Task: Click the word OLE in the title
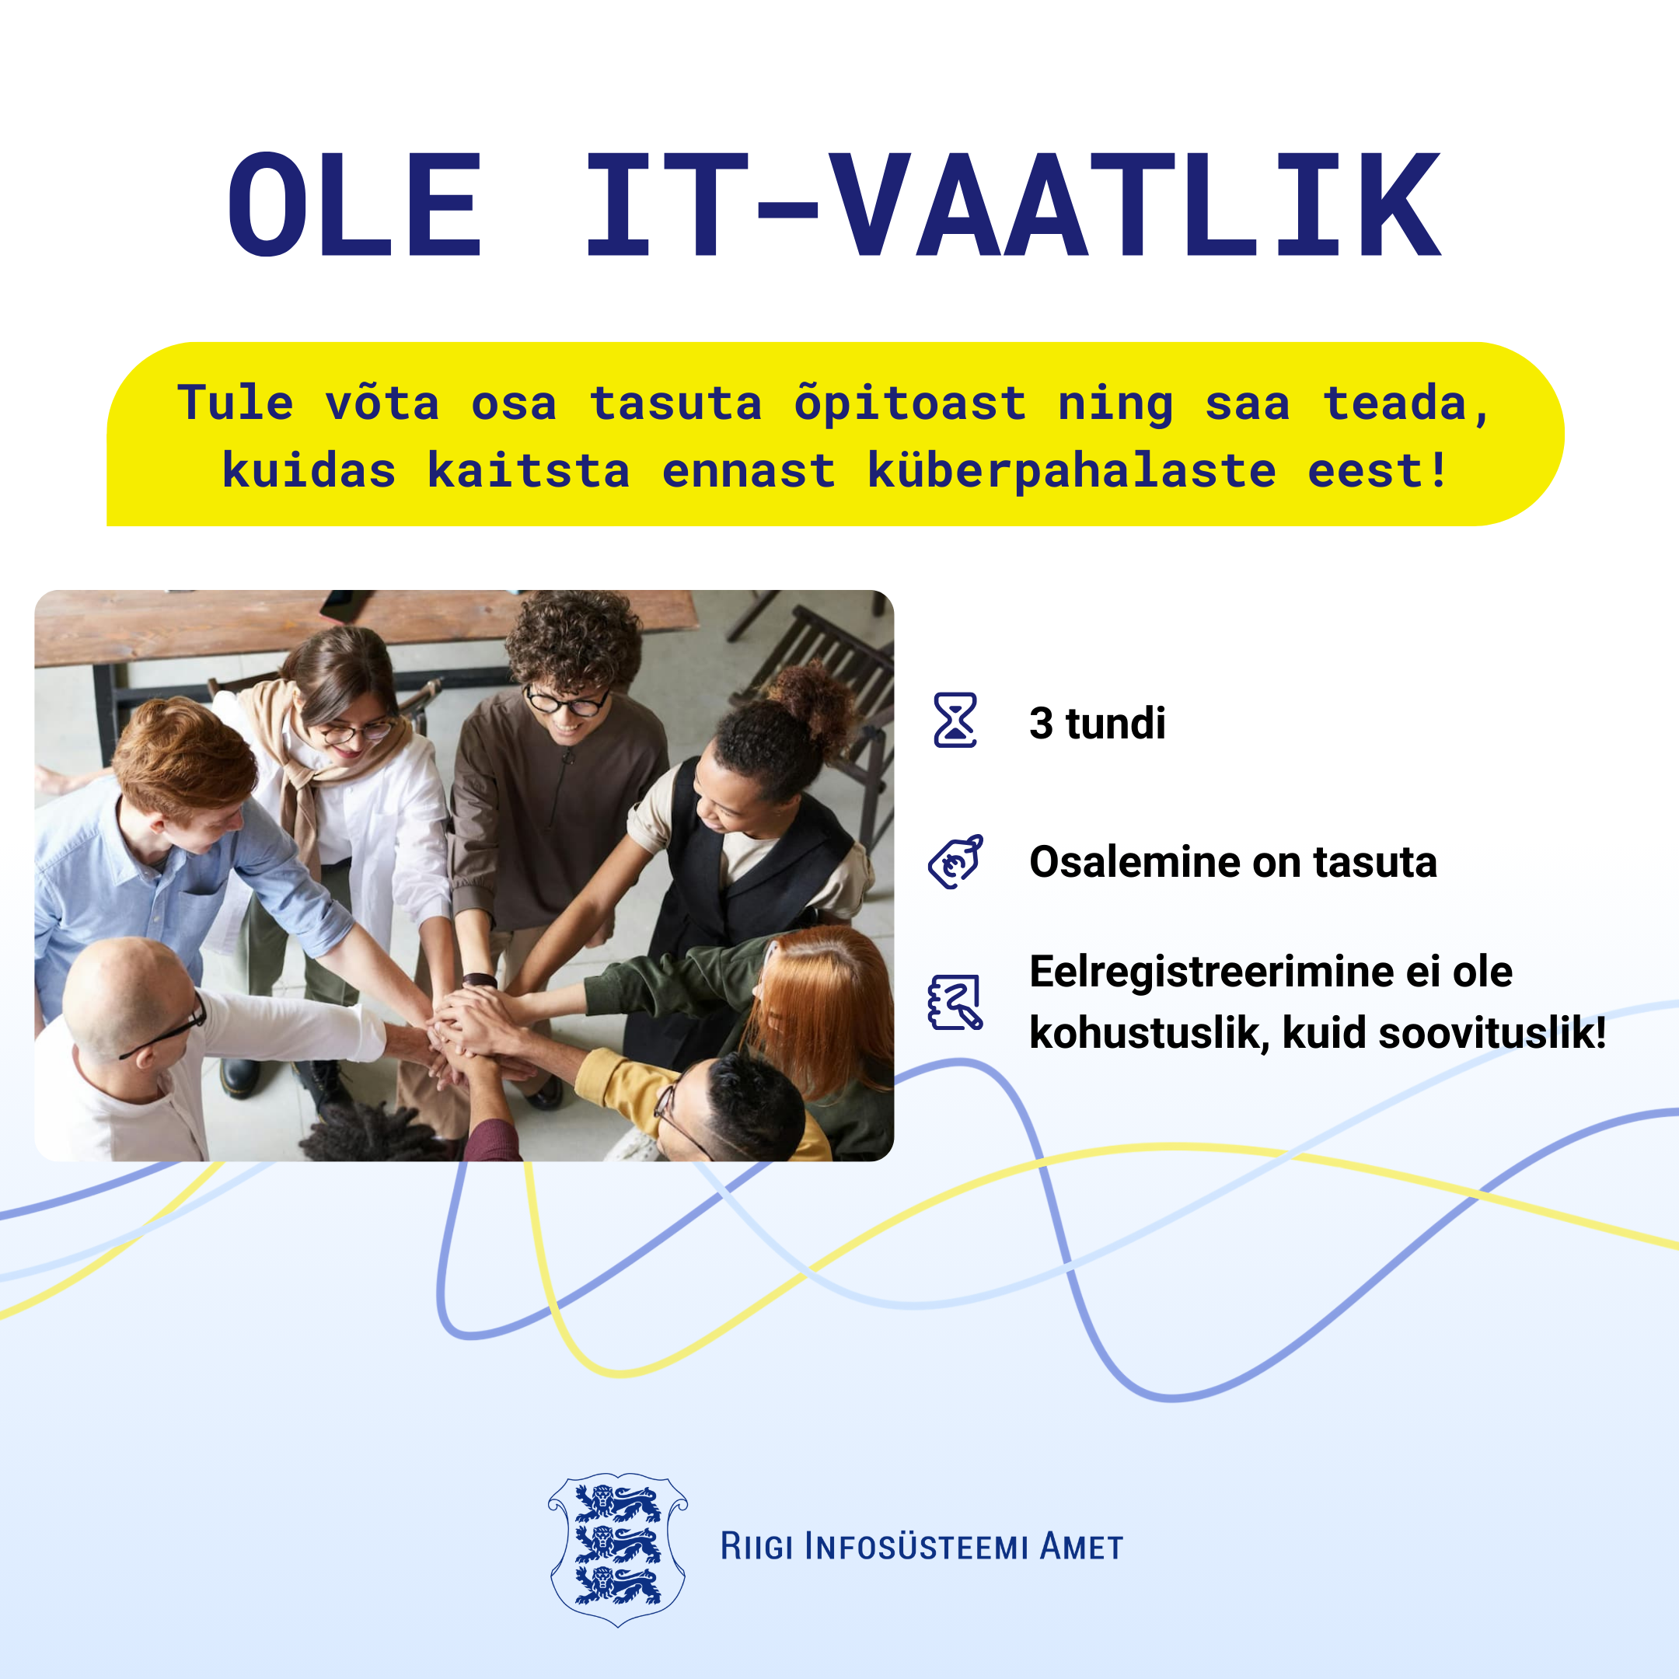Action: [x=354, y=204]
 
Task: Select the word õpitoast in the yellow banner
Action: [x=910, y=404]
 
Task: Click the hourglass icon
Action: [x=955, y=721]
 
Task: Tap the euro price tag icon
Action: [x=956, y=860]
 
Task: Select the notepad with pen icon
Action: [x=955, y=1002]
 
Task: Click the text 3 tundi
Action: [x=1097, y=723]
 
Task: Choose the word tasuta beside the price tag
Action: [x=1375, y=862]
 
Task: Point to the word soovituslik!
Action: [x=1492, y=1033]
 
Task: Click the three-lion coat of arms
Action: [x=618, y=1548]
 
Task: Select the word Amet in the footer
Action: [x=1082, y=1548]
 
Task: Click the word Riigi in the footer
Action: [x=756, y=1548]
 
